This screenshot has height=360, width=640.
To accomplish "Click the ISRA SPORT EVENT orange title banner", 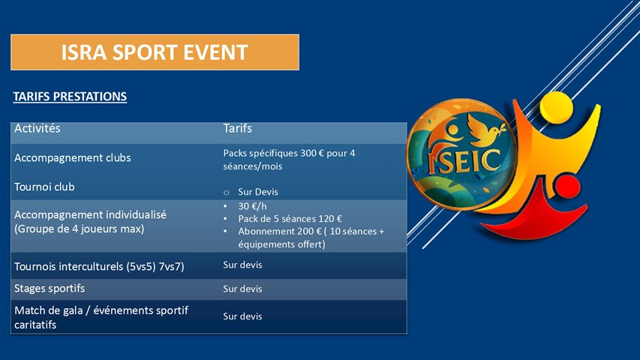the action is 155,52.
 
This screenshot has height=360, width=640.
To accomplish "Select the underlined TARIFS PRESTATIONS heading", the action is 70,97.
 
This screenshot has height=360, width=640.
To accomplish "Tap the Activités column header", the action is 38,128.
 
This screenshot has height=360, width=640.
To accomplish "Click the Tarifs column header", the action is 238,128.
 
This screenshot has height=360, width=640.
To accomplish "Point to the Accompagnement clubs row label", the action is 73,158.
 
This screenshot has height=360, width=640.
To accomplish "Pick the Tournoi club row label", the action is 44,187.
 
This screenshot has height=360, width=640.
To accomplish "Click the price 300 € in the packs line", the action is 312,153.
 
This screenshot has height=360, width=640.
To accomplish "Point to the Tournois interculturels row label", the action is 99,266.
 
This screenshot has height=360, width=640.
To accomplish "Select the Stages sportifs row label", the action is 50,289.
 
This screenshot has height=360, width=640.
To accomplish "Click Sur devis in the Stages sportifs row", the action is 242,289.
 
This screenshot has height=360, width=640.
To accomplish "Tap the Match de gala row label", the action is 101,317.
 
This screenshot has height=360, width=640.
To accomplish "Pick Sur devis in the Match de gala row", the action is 242,316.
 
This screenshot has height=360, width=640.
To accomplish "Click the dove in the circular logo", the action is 485,129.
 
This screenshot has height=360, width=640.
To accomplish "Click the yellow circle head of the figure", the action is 556,106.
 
